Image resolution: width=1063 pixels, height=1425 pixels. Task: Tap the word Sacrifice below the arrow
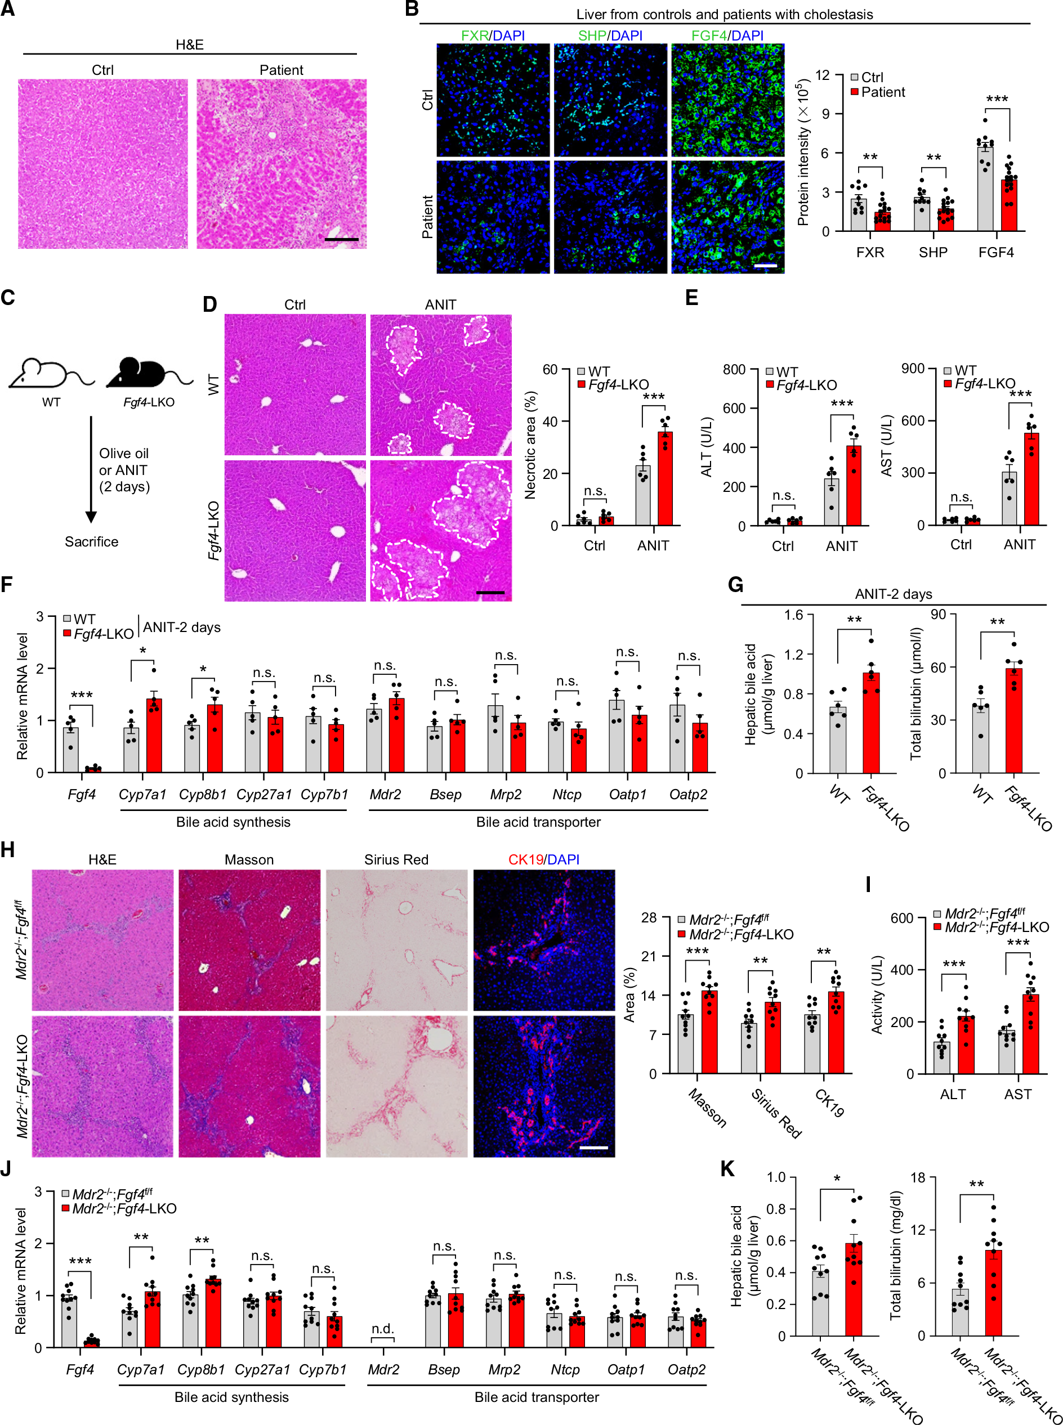91,541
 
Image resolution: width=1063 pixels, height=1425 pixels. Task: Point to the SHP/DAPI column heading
610,35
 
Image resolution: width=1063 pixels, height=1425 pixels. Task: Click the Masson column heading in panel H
249,859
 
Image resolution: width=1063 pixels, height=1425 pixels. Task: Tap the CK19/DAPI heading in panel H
544,859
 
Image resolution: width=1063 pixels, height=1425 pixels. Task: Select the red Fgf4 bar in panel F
94,769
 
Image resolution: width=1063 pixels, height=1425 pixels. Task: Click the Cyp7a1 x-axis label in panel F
142,794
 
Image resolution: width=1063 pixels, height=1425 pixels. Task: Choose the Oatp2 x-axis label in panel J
686,1370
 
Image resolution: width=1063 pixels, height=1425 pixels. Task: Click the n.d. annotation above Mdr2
383,1329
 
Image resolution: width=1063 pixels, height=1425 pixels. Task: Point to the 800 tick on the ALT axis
734,370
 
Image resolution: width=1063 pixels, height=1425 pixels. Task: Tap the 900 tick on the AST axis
913,369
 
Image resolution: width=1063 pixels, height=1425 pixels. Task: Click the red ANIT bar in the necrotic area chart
665,478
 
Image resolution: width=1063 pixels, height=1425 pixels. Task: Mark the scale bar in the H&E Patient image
342,240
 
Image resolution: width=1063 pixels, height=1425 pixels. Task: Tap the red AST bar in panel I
1030,1034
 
